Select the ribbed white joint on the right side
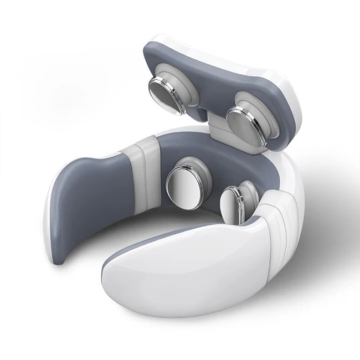coord(277,222)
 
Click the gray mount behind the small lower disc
coord(246,191)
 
